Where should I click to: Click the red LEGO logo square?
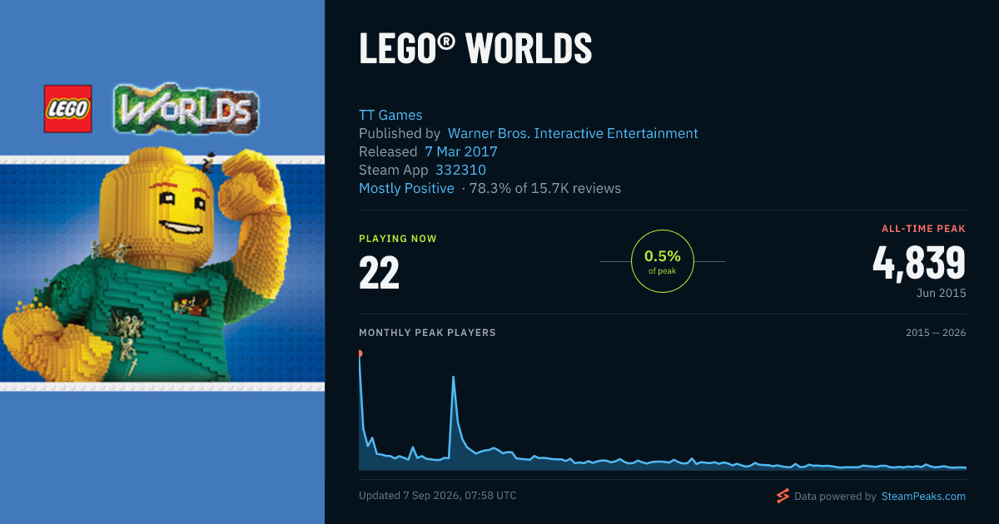coord(67,109)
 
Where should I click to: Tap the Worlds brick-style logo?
coord(186,109)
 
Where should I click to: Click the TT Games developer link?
coord(390,115)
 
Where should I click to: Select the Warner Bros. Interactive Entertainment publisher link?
coord(573,133)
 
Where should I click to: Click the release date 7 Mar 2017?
coord(460,151)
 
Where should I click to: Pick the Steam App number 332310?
coord(460,170)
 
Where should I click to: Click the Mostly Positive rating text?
coord(406,188)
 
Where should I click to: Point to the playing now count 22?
coord(379,272)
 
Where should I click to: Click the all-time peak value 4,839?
coord(919,263)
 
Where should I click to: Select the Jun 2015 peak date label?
coord(941,293)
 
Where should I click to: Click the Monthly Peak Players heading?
coord(427,333)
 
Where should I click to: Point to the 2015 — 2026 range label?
coord(936,333)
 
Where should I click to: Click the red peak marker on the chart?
coord(360,353)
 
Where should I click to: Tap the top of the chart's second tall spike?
coord(453,377)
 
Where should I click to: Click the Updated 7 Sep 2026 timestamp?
coord(438,496)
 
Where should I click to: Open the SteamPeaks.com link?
coord(923,497)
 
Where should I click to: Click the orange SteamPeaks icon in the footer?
coord(783,496)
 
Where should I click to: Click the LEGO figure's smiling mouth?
coord(181,227)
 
